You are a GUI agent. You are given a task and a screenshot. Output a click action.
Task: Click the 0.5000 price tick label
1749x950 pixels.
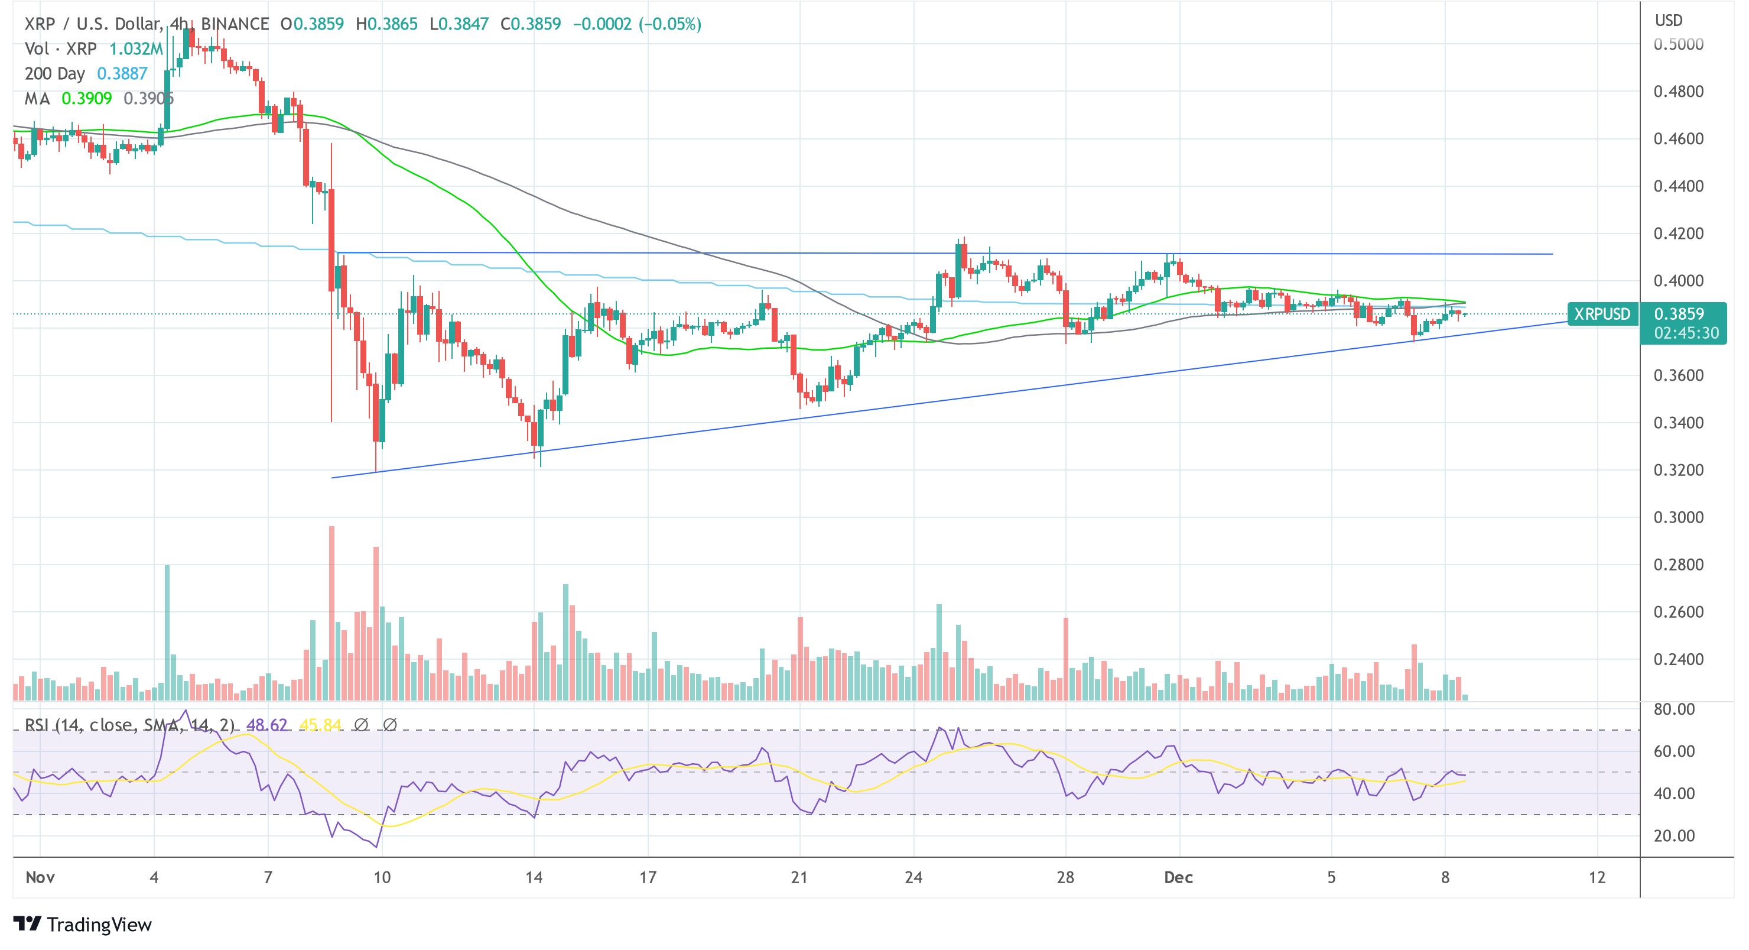(1678, 44)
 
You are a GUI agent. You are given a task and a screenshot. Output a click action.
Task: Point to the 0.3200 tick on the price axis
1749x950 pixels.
(1678, 470)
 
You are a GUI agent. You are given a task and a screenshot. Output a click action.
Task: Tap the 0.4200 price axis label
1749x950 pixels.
(1678, 234)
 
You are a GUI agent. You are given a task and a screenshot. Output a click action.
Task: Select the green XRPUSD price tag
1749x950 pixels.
(1602, 314)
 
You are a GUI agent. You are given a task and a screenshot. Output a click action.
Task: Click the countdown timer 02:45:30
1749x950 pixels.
(1686, 333)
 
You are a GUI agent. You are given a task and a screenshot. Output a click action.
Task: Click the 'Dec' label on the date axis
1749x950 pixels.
(1178, 877)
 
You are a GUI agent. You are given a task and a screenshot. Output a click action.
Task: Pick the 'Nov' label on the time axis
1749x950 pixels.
(40, 877)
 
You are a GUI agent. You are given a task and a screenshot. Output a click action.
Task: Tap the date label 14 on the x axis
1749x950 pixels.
(534, 877)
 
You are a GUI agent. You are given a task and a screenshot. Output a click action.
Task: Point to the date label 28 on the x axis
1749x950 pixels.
(1065, 877)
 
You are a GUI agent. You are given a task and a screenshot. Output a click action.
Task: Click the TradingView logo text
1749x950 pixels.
(99, 925)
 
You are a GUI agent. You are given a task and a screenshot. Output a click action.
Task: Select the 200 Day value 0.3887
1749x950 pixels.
(122, 73)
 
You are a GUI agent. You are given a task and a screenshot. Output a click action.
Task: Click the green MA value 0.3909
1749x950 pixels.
(86, 99)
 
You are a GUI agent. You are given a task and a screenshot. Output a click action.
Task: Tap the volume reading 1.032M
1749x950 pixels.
(136, 49)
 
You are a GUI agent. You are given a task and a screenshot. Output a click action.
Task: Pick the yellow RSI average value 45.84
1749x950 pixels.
(320, 725)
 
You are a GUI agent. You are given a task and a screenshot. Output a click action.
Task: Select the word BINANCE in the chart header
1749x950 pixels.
(235, 24)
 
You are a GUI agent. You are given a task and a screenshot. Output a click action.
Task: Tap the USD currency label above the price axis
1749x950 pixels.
(1668, 20)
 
